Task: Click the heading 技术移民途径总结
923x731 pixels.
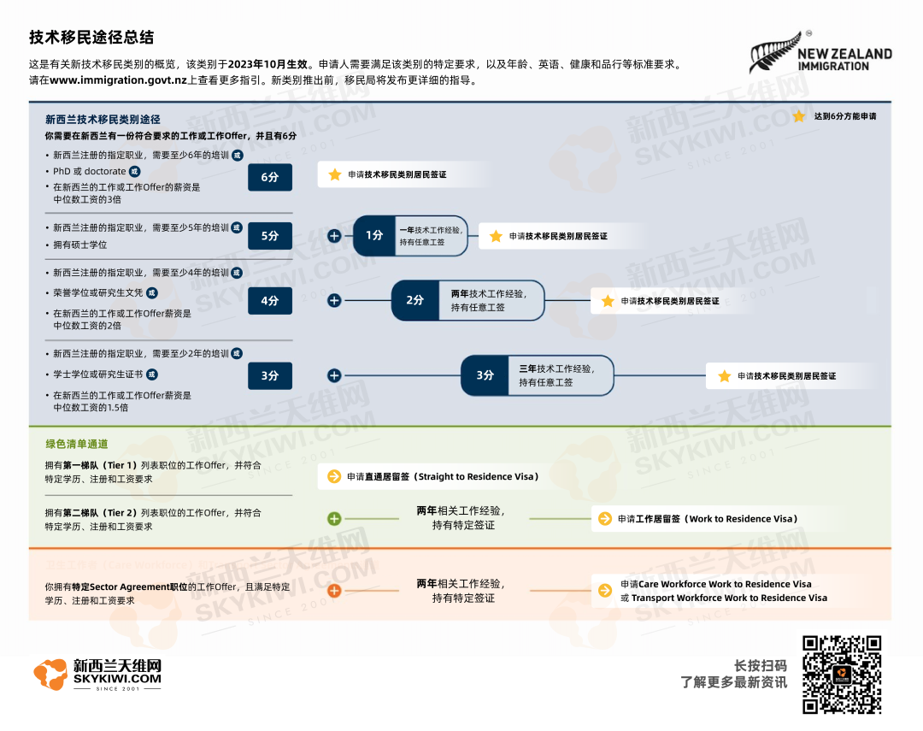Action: pos(91,38)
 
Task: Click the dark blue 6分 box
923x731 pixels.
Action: pos(269,177)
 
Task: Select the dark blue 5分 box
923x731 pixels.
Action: pos(269,236)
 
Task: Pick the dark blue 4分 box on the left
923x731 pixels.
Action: pos(269,301)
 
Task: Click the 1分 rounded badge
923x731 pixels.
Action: pos(374,236)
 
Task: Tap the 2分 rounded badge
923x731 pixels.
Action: pos(414,301)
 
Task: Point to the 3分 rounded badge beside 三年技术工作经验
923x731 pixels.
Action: pos(485,375)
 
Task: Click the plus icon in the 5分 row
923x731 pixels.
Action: pos(334,236)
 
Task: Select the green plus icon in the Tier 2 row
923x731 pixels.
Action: pos(334,519)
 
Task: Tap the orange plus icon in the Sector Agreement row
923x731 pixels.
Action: pos(334,591)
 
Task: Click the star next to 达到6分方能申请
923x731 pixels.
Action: pos(798,116)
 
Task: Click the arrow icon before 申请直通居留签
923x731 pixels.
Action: pos(334,476)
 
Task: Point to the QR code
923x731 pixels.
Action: pos(841,675)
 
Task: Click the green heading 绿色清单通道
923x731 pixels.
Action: pos(77,444)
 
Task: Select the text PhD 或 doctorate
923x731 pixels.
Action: pos(89,171)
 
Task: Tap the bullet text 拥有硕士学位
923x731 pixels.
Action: pos(80,245)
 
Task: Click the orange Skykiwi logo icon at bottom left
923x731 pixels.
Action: pos(50,675)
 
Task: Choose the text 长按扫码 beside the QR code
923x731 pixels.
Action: pos(761,666)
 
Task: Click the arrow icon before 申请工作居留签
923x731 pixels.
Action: pos(605,519)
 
